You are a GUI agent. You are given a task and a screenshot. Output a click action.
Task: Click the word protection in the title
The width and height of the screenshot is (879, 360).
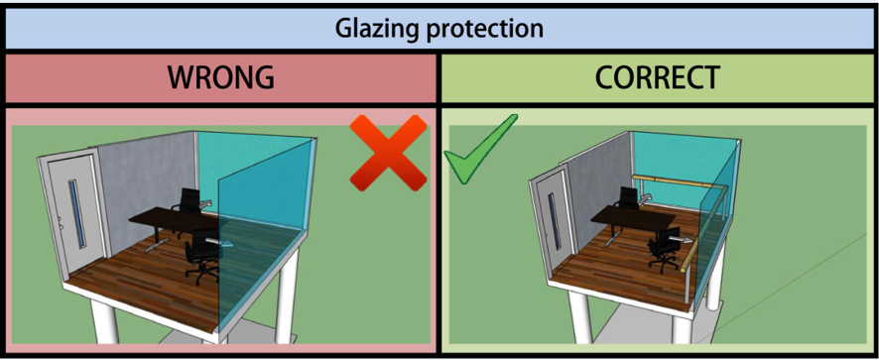point(487,28)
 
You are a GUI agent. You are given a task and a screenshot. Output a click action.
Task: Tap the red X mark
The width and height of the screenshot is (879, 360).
point(388,151)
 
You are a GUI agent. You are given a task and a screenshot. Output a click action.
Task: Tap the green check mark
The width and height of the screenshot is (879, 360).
point(480,150)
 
